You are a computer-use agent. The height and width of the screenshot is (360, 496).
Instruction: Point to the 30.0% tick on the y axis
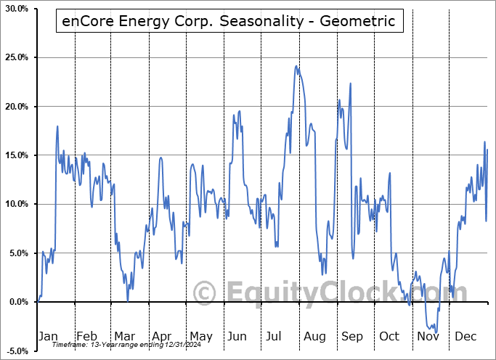15,9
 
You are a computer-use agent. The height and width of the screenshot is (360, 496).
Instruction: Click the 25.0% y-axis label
15,57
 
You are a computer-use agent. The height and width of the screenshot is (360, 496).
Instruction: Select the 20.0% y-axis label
15,107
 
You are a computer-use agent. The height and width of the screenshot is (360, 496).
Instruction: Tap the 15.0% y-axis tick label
15,155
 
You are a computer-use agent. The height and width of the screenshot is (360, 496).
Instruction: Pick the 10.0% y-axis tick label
15,204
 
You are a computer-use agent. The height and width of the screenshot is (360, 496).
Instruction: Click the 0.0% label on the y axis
17,302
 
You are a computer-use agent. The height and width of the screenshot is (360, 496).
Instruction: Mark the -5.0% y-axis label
15,351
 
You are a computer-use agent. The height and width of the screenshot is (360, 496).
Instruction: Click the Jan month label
48,336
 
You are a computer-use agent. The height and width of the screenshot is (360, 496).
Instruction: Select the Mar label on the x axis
124,336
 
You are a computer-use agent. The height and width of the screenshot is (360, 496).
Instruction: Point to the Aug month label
314,336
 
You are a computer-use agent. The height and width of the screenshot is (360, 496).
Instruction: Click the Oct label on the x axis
389,336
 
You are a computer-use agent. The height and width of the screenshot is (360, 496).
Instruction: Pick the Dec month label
465,336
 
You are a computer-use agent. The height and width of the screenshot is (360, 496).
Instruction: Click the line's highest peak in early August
296,66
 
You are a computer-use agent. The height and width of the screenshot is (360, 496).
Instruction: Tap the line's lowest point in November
436,333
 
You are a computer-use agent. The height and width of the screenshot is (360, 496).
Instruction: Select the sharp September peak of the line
351,83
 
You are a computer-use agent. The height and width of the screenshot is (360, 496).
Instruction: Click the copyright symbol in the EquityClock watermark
206,292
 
